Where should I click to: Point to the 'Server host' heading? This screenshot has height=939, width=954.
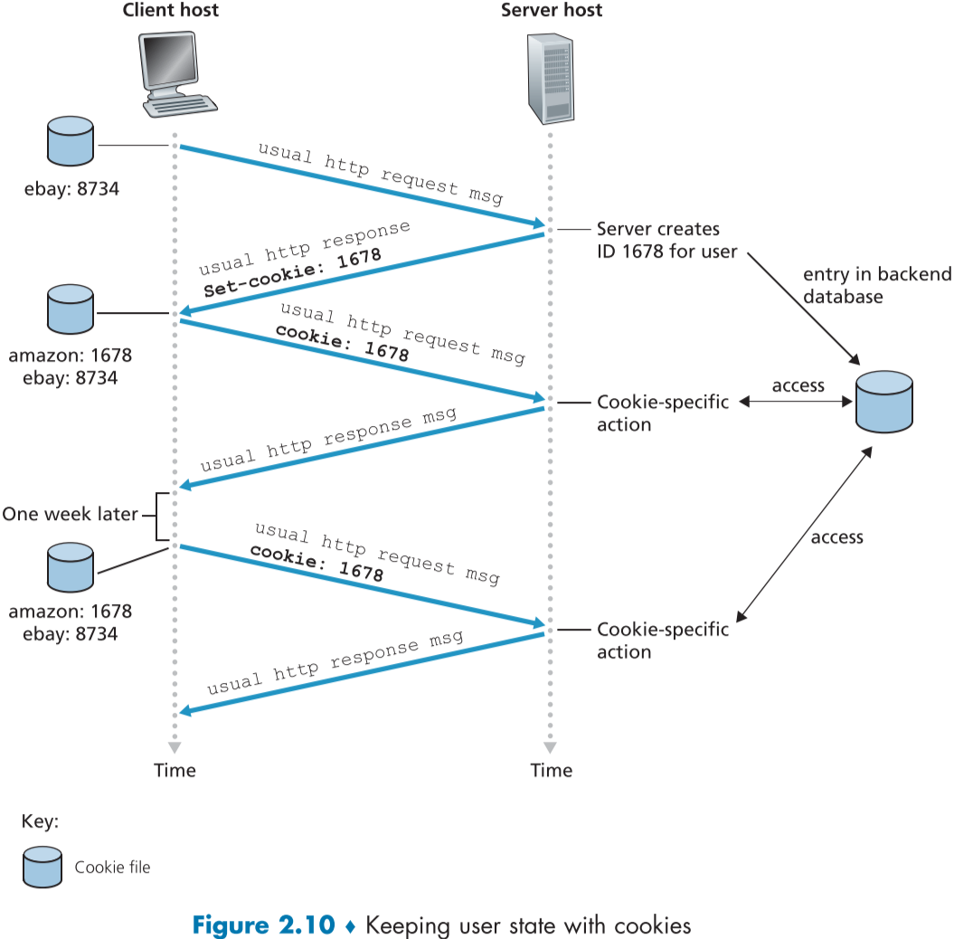tap(551, 11)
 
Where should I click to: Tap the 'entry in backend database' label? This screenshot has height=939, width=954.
tap(876, 285)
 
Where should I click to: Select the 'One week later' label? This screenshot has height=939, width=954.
tap(70, 515)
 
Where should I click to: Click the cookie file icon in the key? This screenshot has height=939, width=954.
tap(42, 867)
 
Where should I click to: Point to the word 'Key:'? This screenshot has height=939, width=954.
tap(40, 822)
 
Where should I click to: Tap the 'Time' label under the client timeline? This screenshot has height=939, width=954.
tap(175, 770)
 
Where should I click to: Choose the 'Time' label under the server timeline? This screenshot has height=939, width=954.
tap(551, 770)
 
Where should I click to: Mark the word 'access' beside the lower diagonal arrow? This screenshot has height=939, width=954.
tap(836, 537)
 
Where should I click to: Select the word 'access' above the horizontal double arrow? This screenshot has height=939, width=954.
tap(798, 385)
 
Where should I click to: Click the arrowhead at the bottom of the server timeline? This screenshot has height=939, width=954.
tap(550, 747)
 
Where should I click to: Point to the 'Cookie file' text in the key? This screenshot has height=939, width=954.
tap(112, 868)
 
